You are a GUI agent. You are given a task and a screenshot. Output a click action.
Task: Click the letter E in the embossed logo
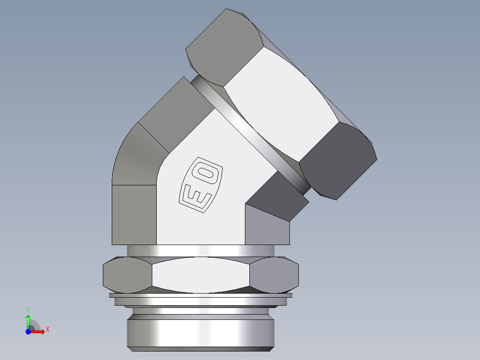(x=195, y=195)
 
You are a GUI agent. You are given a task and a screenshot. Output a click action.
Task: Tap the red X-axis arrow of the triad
(x=38, y=331)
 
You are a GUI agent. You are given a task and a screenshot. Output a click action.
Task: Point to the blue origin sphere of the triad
(x=28, y=331)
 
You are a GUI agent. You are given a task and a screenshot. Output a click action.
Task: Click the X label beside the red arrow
(x=47, y=330)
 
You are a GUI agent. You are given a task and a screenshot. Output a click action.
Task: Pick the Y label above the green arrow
(x=28, y=309)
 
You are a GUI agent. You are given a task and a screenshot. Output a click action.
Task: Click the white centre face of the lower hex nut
(x=200, y=275)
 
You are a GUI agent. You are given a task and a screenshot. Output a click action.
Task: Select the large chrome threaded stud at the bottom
(x=200, y=332)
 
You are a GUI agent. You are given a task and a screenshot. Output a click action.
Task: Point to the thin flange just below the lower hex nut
(x=200, y=295)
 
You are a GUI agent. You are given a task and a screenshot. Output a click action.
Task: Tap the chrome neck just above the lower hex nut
(x=200, y=250)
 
